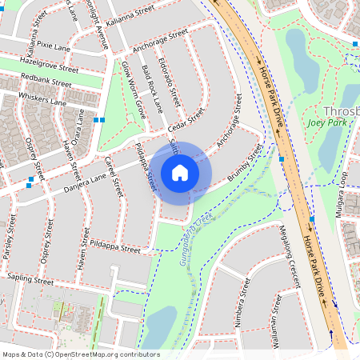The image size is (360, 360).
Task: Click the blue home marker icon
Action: coord(180,173)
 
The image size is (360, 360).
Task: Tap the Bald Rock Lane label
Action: coord(152,89)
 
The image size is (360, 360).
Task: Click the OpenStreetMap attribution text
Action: coord(80,354)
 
